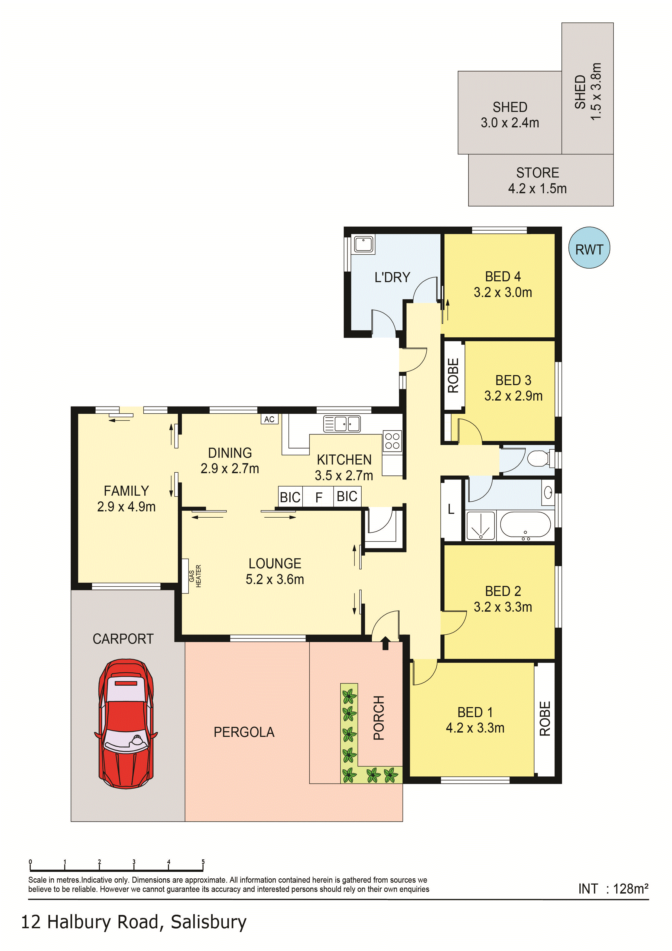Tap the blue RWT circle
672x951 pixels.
pyautogui.click(x=589, y=248)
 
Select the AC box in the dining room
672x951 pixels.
pyautogui.click(x=269, y=419)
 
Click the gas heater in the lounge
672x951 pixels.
pyautogui.click(x=186, y=576)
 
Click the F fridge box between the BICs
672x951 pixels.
pyautogui.click(x=319, y=497)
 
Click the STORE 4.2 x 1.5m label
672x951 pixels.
pyautogui.click(x=537, y=180)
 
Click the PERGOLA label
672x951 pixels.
pyautogui.click(x=244, y=732)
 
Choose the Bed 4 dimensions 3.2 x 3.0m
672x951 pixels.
pyautogui.click(x=503, y=292)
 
